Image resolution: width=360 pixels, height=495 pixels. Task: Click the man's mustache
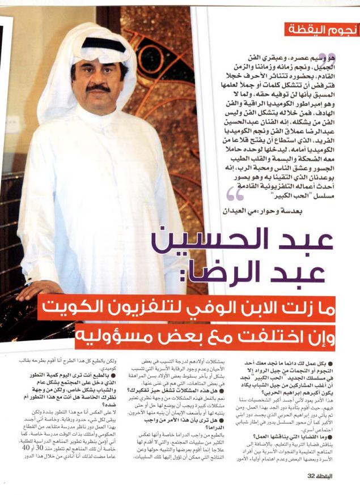pyautogui.click(x=97, y=88)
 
